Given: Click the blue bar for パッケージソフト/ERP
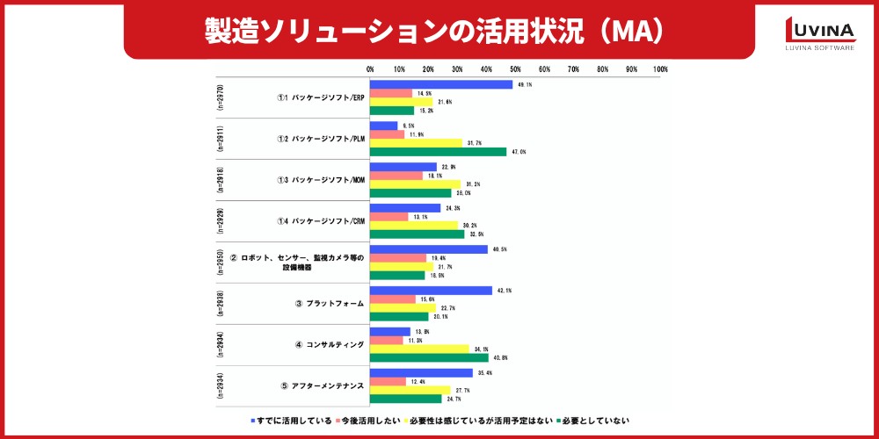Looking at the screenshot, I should pos(441,85).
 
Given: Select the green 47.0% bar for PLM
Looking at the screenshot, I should pos(438,152).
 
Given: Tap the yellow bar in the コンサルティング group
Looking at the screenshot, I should pos(419,349).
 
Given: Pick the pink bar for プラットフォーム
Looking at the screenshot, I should pos(393,299).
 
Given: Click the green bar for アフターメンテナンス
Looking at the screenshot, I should pos(405,399).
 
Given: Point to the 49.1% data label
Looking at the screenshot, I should pos(525,85).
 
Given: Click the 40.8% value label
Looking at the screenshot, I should pos(500,357).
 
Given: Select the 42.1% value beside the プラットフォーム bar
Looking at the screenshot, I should pos(504,291).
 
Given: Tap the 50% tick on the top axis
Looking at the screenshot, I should pos(515,68).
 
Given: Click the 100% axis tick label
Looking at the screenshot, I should pos(660,68).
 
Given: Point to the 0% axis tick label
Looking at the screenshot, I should pos(370,68).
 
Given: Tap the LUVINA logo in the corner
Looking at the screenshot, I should pos(818,34).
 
